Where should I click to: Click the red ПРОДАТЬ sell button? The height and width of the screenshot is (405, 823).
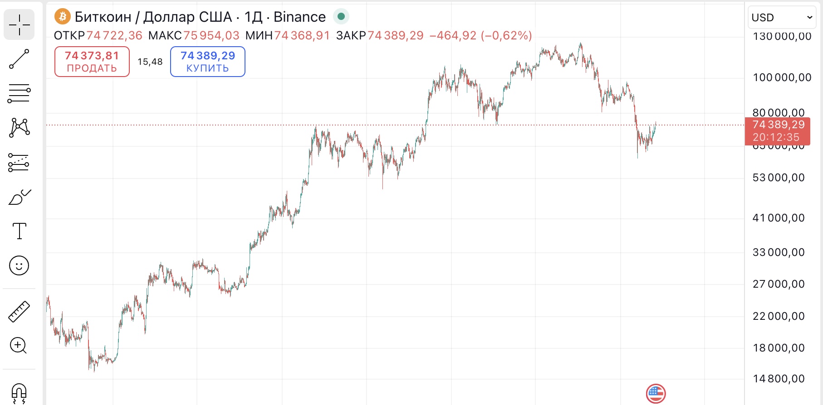click(92, 62)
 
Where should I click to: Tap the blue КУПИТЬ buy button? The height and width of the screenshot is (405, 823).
click(208, 62)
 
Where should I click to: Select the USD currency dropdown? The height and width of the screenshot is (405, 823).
click(781, 18)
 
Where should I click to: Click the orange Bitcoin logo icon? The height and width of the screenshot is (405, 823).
click(62, 17)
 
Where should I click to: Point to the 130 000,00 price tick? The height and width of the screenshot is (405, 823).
click(782, 37)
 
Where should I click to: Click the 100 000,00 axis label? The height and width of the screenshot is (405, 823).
click(782, 77)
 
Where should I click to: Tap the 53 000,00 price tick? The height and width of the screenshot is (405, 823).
click(779, 178)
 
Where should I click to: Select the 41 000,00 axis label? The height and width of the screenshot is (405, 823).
click(779, 218)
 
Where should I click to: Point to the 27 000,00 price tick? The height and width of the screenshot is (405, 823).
click(779, 284)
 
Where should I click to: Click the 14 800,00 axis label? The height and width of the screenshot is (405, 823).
click(779, 379)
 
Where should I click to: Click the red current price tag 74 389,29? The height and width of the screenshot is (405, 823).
click(778, 130)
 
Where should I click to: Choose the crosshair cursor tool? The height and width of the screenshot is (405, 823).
click(19, 24)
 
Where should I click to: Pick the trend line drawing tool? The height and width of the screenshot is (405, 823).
click(19, 59)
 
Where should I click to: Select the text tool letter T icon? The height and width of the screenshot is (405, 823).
click(19, 231)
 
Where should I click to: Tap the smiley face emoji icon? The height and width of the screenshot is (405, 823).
click(19, 265)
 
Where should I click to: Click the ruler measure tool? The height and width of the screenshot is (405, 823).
click(19, 312)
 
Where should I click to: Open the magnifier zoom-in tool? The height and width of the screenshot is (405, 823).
click(19, 346)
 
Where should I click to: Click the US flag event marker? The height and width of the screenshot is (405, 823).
click(656, 394)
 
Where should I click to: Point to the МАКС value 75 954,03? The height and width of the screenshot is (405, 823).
click(211, 36)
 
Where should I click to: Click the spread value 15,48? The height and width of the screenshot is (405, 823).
click(150, 62)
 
